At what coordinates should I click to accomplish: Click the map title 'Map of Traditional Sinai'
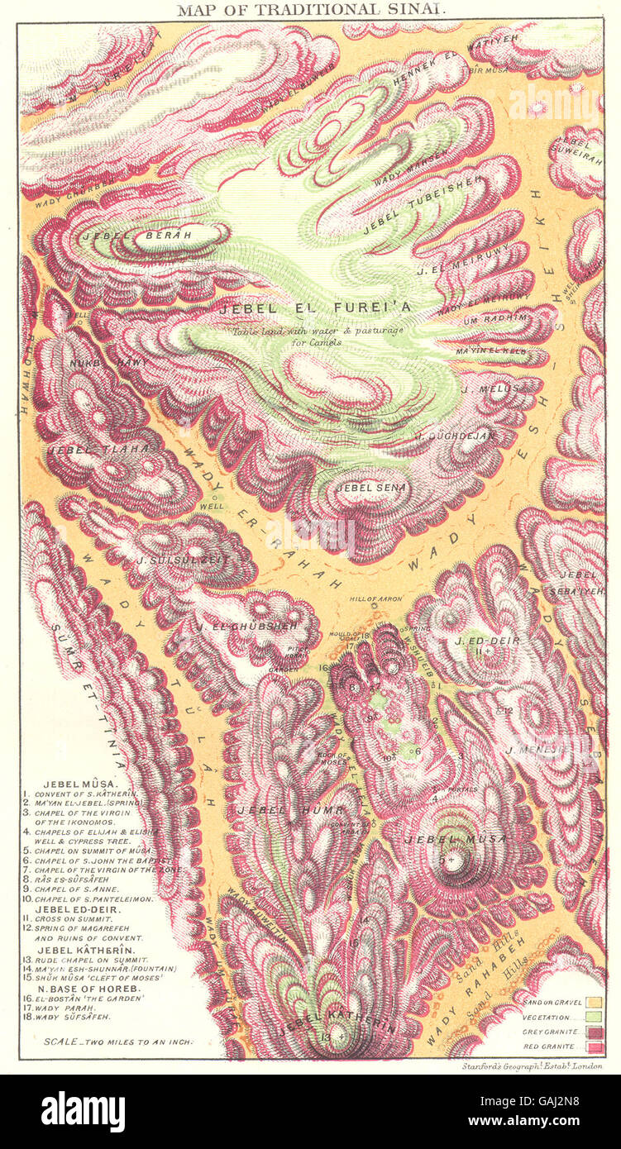point(310,10)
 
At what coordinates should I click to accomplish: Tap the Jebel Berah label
point(136,236)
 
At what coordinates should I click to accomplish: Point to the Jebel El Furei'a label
point(314,308)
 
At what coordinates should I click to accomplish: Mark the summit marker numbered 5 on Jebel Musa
point(451,860)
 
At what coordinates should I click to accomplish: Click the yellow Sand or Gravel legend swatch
point(594,1003)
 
